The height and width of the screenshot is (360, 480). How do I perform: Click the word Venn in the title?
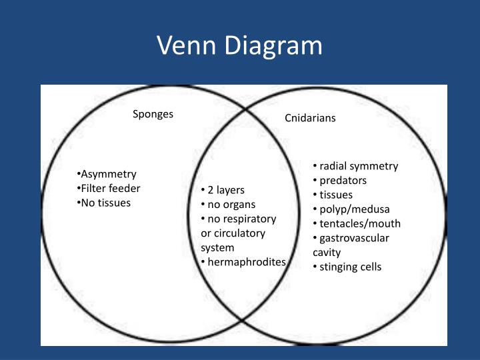click(187, 45)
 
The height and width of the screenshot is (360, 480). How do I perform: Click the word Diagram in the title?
click(274, 46)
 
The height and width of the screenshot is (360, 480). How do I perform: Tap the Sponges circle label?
click(153, 114)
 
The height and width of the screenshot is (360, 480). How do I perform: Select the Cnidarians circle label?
click(310, 118)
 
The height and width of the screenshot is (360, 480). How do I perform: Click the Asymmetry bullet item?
click(107, 174)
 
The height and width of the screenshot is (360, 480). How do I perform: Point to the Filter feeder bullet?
click(109, 188)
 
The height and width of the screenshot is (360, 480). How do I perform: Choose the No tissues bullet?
click(103, 203)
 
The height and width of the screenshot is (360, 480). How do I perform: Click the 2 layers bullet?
click(223, 190)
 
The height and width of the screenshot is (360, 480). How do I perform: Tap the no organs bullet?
click(228, 205)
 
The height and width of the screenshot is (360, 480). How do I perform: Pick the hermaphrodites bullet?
click(243, 262)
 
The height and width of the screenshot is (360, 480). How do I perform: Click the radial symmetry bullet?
click(355, 166)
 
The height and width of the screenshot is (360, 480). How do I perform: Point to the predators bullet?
click(339, 181)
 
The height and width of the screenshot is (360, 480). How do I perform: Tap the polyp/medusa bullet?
click(351, 210)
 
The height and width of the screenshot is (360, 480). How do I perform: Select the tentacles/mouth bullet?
click(357, 223)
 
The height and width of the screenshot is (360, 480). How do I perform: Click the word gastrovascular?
click(354, 238)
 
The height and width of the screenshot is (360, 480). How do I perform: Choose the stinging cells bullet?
click(347, 267)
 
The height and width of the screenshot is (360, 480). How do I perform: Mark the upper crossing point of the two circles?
click(245, 109)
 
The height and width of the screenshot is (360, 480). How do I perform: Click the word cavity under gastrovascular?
click(327, 253)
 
